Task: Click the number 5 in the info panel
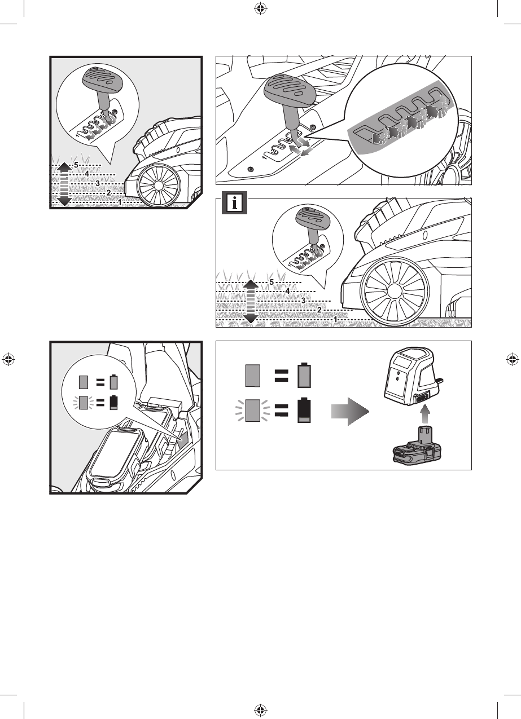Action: pyautogui.click(x=272, y=281)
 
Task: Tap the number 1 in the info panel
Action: pyautogui.click(x=336, y=319)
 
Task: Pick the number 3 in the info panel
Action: pyautogui.click(x=303, y=301)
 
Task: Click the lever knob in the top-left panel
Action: pyautogui.click(x=101, y=80)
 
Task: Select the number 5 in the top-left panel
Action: pyautogui.click(x=76, y=165)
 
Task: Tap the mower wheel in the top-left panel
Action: pyautogui.click(x=158, y=186)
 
